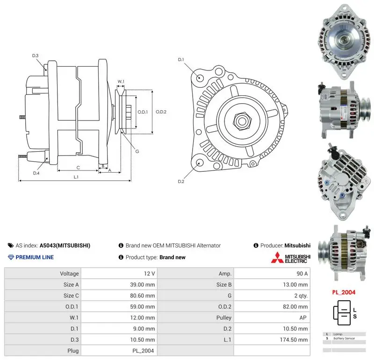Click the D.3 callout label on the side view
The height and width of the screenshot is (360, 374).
click(35, 56)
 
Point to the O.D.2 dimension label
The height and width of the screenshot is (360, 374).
click(161, 112)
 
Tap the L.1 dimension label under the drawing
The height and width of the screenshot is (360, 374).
click(76, 177)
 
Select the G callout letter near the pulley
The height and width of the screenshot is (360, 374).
click(137, 151)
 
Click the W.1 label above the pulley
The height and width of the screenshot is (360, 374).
click(121, 82)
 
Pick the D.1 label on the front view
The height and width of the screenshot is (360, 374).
click(181, 60)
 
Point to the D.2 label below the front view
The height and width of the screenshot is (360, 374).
click(181, 182)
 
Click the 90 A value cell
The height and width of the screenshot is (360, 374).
click(302, 274)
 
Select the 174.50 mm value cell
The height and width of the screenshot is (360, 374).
click(294, 339)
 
